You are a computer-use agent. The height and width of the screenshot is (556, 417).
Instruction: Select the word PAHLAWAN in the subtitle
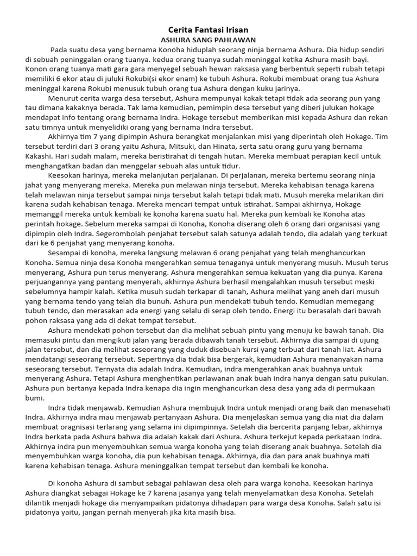pos(236,40)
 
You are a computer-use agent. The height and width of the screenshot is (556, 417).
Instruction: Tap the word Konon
pos(36,69)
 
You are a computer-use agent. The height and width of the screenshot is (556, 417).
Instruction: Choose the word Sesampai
pos(65,253)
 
